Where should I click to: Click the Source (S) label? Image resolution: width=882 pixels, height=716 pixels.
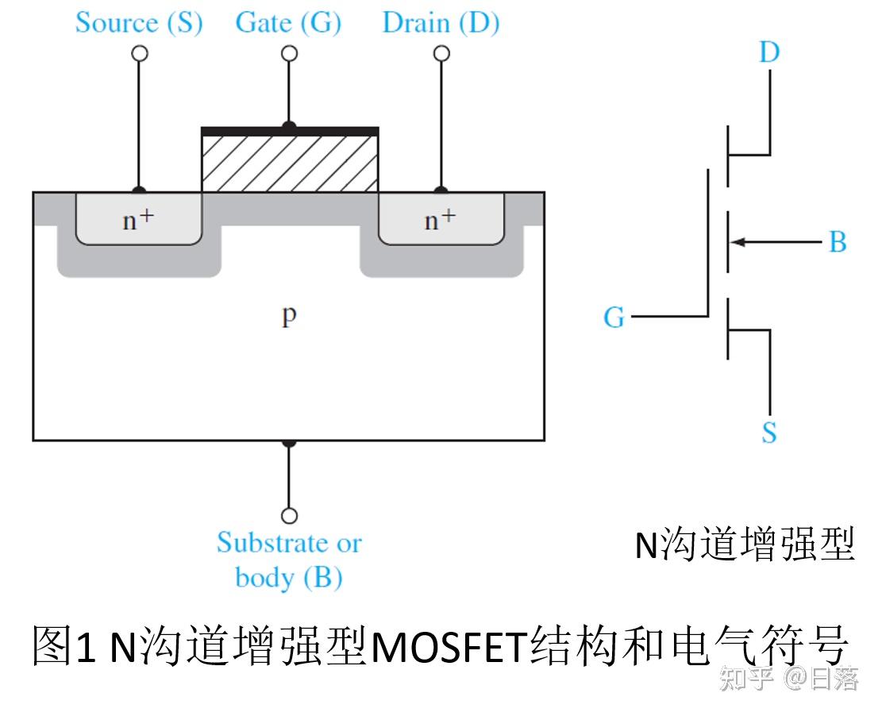[139, 22]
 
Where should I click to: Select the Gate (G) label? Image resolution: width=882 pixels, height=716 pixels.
[288, 22]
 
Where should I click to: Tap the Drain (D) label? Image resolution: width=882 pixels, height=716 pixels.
[441, 22]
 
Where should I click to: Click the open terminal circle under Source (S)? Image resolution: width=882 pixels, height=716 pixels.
[140, 53]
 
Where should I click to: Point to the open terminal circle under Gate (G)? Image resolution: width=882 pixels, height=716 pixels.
[290, 53]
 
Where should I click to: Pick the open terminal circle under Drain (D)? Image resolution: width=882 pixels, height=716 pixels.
[441, 53]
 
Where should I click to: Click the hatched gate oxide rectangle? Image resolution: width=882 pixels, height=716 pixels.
[290, 163]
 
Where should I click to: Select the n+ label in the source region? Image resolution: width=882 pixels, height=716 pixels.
[138, 220]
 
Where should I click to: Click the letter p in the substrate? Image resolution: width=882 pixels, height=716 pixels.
[289, 316]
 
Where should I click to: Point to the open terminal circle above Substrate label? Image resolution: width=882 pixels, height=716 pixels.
[290, 515]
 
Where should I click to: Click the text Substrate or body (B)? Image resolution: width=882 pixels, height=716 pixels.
[289, 560]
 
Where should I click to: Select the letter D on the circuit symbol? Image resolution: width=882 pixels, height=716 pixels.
[769, 52]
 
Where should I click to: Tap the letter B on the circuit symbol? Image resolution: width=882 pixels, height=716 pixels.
[838, 242]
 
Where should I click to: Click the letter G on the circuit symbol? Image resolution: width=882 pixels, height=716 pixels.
[614, 318]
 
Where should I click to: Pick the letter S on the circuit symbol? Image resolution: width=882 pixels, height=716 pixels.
[768, 433]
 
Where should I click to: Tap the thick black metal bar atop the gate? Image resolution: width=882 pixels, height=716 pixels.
[290, 131]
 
